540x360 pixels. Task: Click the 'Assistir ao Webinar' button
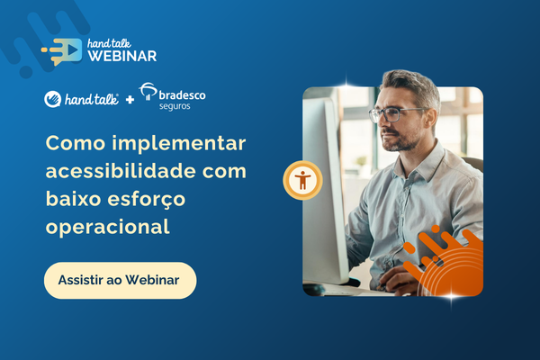point(121,281)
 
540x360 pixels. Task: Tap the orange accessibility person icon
point(302,180)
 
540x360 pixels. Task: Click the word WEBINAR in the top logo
point(122,56)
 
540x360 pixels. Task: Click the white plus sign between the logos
point(130,100)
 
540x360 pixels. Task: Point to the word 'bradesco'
point(182,95)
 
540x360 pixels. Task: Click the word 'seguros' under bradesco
point(175,106)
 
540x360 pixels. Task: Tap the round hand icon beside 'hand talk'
point(53,99)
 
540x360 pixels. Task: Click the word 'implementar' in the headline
point(179,144)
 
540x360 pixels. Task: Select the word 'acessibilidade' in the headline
point(121,171)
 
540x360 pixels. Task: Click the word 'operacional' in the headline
point(108,228)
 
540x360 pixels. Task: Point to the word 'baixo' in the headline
point(73,199)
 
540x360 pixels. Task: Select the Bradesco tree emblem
point(148,91)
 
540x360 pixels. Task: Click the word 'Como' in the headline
point(76,143)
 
